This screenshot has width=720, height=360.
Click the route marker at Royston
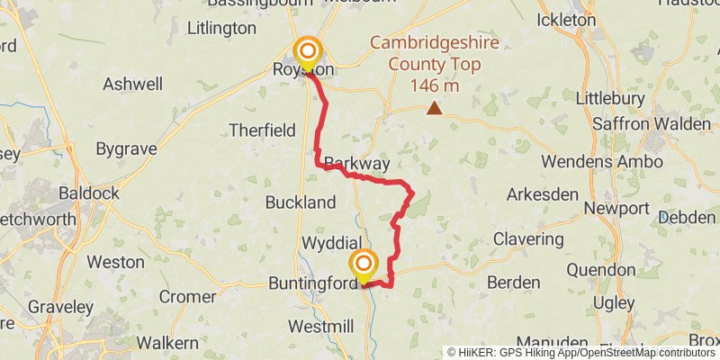coord(308,51)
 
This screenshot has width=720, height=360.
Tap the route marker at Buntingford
coord(364,265)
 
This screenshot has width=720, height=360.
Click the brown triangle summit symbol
coord(435,109)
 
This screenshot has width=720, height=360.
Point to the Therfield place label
coord(262,130)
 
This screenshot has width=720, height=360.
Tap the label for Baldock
coord(88,193)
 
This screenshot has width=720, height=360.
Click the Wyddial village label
coord(331,244)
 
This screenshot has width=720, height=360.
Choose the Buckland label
coord(301,202)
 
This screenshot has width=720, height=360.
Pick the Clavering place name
coord(529,240)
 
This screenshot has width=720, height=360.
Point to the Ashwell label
coord(133,84)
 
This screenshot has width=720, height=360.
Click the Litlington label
coord(221,28)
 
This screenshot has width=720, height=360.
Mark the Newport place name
coord(616,209)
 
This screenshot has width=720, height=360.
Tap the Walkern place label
coord(167,343)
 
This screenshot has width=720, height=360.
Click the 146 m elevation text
coord(434,85)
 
